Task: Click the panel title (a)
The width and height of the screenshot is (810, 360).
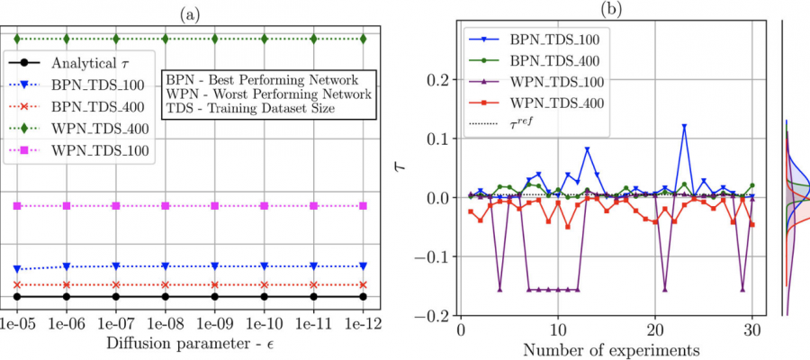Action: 190,12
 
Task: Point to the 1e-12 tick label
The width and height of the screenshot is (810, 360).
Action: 362,321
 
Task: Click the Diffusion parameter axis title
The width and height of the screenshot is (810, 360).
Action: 189,343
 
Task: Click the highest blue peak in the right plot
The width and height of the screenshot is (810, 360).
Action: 684,127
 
